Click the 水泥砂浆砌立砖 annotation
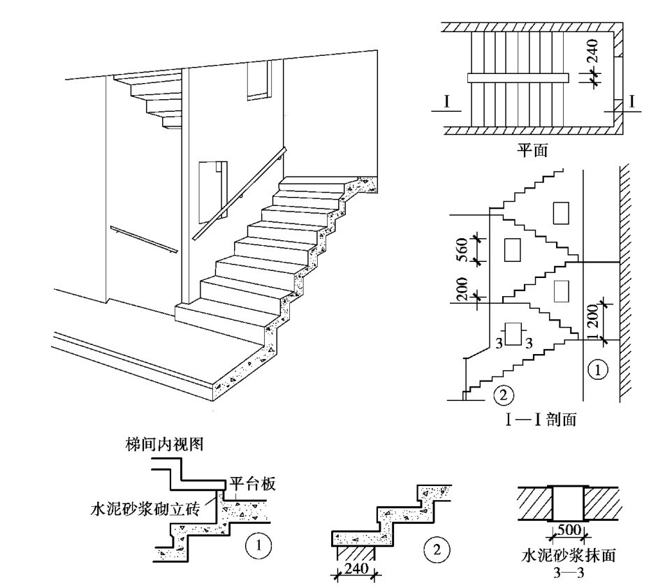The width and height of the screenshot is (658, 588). point(145,509)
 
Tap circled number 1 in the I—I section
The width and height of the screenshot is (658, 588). point(597,368)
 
